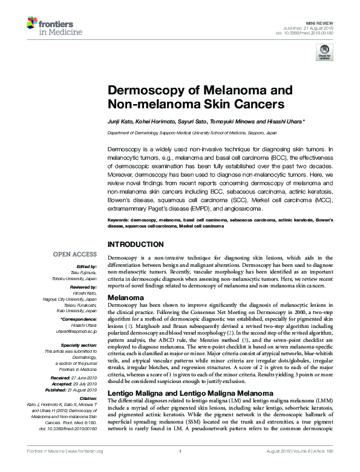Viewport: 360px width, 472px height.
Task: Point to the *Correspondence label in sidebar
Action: (82, 318)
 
